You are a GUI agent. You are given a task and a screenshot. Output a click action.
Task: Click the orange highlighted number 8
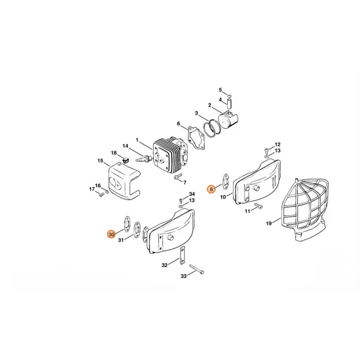pos(211,189)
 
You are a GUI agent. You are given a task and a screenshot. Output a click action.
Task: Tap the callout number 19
pos(269,224)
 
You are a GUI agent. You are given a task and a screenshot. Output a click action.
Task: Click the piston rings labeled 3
pos(211,127)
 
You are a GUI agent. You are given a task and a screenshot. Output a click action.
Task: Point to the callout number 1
pos(137,140)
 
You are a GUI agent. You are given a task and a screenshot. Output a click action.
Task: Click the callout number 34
pos(191,194)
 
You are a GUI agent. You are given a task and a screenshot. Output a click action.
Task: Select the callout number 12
pos(278,144)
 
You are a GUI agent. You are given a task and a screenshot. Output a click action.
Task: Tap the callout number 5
pos(221,89)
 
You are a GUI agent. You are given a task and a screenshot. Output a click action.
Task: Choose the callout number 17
pos(92,190)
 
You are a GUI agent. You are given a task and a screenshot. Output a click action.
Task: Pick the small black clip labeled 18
pos(123,156)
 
